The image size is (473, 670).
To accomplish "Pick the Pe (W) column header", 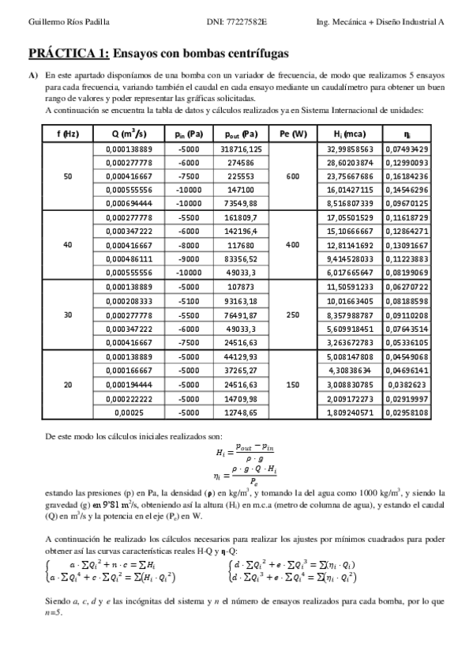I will pyautogui.click(x=293, y=134).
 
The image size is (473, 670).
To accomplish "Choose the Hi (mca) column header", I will pyautogui.click(x=348, y=134).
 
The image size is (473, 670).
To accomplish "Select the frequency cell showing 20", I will pyautogui.click(x=67, y=385).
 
